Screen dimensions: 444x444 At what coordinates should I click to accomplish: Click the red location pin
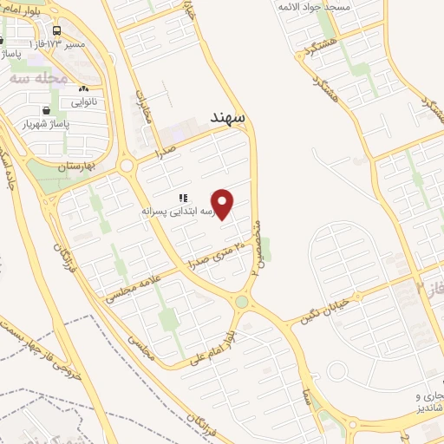223,204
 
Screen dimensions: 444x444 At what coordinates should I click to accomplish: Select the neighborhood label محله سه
37,76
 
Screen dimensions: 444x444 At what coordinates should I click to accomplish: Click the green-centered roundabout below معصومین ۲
242,303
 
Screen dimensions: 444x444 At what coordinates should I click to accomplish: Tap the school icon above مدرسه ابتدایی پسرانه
183,199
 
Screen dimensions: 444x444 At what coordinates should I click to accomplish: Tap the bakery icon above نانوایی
83,89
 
